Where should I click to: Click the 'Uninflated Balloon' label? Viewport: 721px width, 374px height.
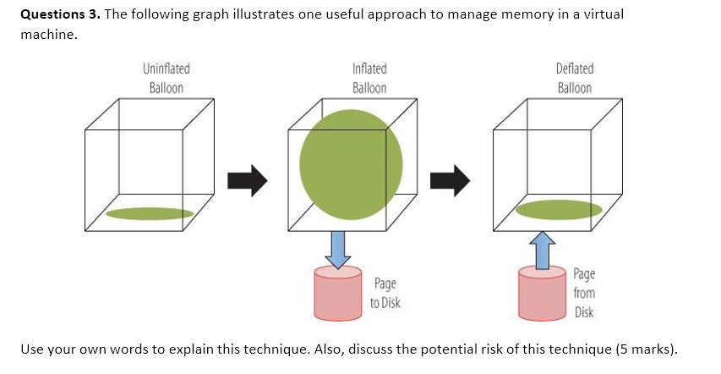pos(166,78)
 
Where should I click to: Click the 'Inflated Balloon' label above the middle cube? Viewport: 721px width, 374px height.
pos(369,78)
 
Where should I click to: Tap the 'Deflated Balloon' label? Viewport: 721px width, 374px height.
pos(575,78)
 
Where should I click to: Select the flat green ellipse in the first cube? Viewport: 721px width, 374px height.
pos(150,213)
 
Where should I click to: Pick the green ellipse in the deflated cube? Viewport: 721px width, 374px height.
pos(559,209)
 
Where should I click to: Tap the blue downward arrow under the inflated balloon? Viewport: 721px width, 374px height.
pos(338,249)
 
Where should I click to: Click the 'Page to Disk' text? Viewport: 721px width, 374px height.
pos(385,293)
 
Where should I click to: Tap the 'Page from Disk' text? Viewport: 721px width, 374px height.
pos(584,293)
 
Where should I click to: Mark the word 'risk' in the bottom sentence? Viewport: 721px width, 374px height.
pos(485,349)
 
